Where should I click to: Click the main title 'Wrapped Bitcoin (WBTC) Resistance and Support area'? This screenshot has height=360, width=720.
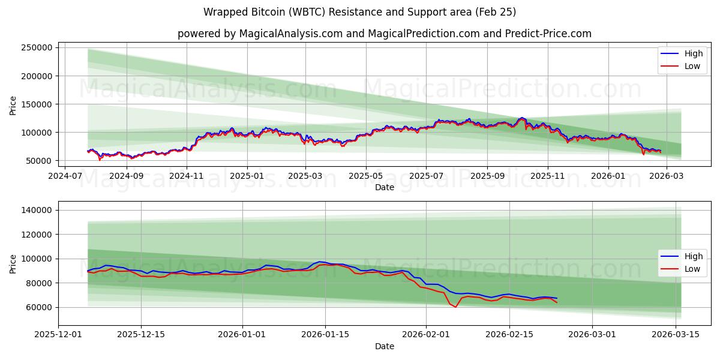tap(359, 12)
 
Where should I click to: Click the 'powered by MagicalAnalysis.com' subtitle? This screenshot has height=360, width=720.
tap(384, 34)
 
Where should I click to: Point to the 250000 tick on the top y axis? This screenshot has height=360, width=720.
tap(38, 48)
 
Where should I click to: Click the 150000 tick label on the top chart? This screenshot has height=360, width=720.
tap(38, 104)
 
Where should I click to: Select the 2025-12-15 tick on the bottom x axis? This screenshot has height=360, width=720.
tap(141, 335)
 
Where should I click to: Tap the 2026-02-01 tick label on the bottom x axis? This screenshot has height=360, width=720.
tap(426, 335)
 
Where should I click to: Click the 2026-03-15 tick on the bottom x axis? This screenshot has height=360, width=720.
tap(676, 335)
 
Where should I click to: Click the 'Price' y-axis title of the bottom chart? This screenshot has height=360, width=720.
tap(13, 263)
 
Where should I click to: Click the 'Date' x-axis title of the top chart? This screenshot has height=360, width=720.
tap(384, 187)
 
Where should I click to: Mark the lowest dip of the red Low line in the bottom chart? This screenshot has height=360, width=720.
tap(455, 307)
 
